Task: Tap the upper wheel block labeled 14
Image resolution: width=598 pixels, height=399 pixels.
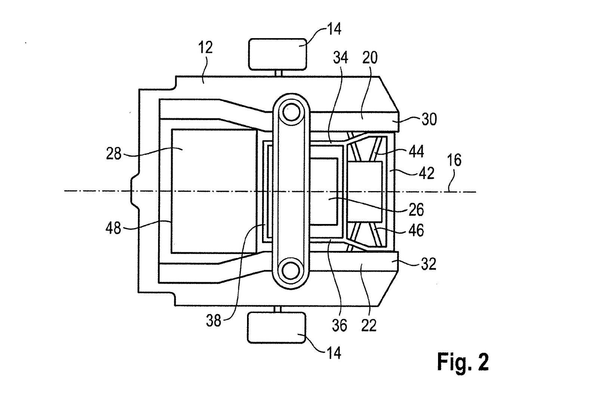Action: coord(277,54)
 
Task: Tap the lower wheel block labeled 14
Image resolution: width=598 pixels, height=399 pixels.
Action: coord(277,328)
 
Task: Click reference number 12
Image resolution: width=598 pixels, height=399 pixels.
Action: coord(205,47)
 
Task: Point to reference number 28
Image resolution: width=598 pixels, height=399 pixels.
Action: coord(114,154)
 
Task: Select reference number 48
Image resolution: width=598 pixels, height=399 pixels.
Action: coord(113,228)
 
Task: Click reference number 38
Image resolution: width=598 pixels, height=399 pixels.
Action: coord(213,320)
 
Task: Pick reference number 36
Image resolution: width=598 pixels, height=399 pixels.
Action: coord(339,325)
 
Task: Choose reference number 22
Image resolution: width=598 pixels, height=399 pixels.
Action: coord(369,325)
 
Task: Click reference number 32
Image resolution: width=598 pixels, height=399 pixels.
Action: coord(428,264)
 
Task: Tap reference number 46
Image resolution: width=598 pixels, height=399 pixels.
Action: coord(416,230)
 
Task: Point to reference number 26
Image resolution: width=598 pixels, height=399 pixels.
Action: coord(416,210)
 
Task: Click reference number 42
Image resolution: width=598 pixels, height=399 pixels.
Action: coord(427,173)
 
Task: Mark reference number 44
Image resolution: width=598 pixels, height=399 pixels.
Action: coord(416,151)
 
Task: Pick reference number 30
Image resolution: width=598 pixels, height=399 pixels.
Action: coord(429,119)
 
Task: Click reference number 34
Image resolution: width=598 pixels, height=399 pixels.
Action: coord(340,58)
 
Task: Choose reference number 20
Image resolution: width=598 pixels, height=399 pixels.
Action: coord(370,58)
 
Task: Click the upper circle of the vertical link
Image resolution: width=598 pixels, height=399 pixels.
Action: coord(291,112)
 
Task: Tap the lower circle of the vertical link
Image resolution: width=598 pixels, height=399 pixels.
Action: coord(291,270)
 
